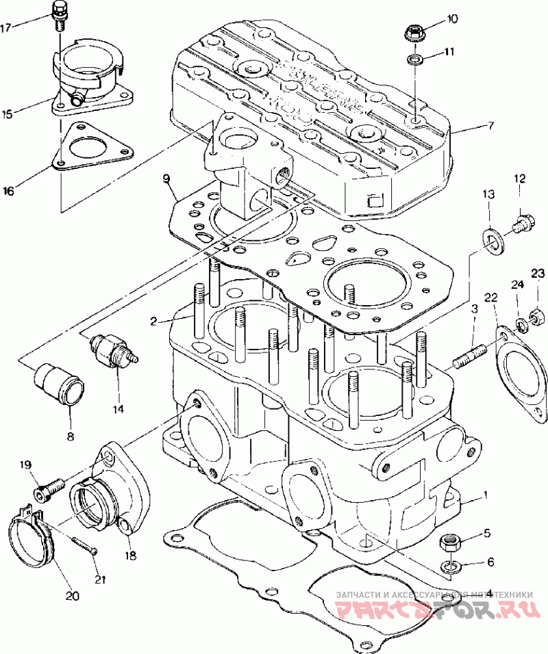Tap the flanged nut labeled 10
(414, 31)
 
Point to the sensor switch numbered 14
(112, 348)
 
